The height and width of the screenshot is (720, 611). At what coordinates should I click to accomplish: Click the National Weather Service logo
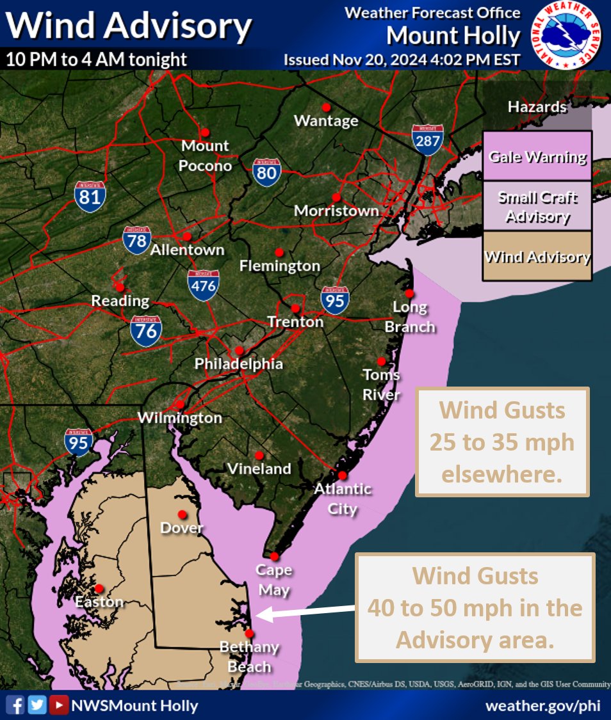pyautogui.click(x=566, y=36)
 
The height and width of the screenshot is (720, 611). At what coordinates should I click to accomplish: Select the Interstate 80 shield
pyautogui.click(x=266, y=172)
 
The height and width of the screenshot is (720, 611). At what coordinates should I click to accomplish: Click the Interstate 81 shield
pyautogui.click(x=90, y=196)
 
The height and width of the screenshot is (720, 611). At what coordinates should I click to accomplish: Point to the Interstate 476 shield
pyautogui.click(x=204, y=285)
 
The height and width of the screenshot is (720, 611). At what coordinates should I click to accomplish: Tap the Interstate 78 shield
pyautogui.click(x=138, y=240)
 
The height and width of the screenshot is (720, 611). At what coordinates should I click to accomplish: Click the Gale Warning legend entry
pyautogui.click(x=537, y=157)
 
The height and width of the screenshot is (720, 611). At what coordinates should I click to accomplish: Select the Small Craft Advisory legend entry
pyautogui.click(x=537, y=207)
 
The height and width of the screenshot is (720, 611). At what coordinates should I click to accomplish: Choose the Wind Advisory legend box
pyautogui.click(x=537, y=257)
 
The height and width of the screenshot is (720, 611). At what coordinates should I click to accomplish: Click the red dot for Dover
pyautogui.click(x=183, y=514)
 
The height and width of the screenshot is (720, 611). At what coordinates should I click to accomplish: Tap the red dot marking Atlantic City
pyautogui.click(x=343, y=475)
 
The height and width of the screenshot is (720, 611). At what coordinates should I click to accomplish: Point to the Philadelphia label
pyautogui.click(x=239, y=364)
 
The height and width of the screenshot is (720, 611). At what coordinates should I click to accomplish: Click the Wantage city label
pyautogui.click(x=326, y=120)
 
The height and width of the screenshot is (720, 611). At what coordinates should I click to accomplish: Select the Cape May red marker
pyautogui.click(x=275, y=556)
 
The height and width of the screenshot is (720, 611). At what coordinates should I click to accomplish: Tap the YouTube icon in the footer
pyautogui.click(x=60, y=705)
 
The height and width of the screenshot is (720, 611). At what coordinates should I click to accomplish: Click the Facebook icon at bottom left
pyautogui.click(x=18, y=705)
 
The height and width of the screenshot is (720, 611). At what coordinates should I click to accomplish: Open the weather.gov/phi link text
pyautogui.click(x=544, y=706)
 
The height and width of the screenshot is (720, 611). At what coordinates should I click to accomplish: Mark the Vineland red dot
pyautogui.click(x=259, y=455)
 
